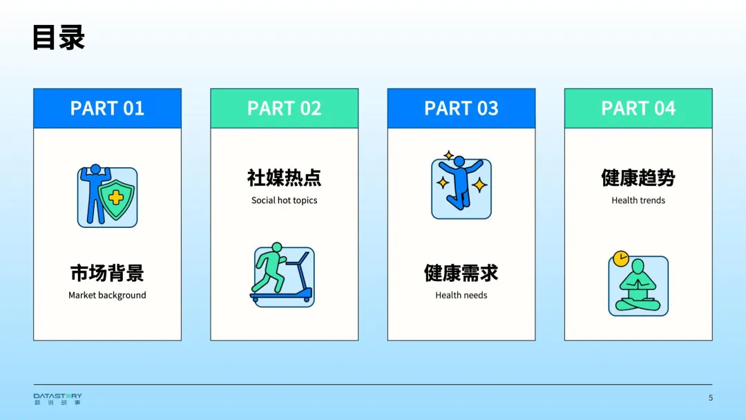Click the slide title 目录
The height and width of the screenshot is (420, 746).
pyautogui.click(x=59, y=38)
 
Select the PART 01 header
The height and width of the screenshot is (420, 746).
pyautogui.click(x=107, y=108)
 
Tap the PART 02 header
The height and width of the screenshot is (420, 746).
pyautogui.click(x=284, y=108)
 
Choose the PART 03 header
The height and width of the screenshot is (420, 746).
pyautogui.click(x=461, y=108)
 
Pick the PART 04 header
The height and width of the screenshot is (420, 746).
pyautogui.click(x=638, y=108)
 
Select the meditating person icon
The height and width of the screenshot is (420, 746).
pyautogui.click(x=638, y=287)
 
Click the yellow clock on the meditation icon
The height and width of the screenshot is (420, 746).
pyautogui.click(x=620, y=259)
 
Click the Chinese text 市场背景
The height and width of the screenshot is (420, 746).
pyautogui.click(x=107, y=273)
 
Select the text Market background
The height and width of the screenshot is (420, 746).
pyautogui.click(x=107, y=295)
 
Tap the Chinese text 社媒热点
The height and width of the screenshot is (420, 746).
pyautogui.click(x=284, y=178)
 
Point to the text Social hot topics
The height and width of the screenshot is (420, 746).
pyautogui.click(x=284, y=200)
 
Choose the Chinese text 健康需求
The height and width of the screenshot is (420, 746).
pyautogui.click(x=461, y=273)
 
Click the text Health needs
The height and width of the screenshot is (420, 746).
pyautogui.click(x=461, y=295)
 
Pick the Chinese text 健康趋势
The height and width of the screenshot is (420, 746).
pyautogui.click(x=638, y=178)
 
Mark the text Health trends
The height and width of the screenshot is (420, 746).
pyautogui.click(x=638, y=200)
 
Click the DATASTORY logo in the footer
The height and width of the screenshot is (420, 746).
pyautogui.click(x=57, y=399)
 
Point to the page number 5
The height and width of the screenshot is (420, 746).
pyautogui.click(x=710, y=398)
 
